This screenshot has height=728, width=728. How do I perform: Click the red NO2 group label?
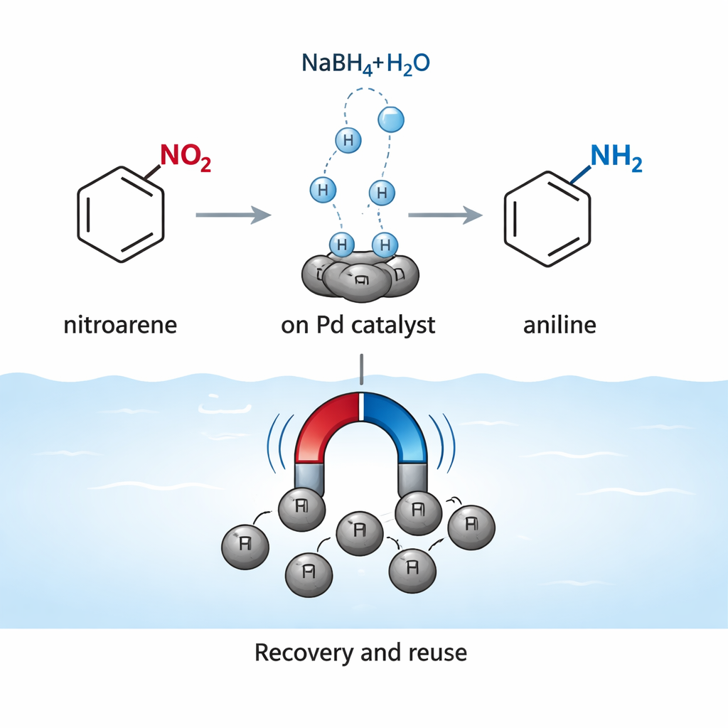click(x=186, y=157)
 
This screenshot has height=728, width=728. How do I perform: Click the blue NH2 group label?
click(x=616, y=157)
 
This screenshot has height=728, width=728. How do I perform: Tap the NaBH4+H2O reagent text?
click(x=365, y=63)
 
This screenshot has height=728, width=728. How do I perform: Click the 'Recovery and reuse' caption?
click(x=360, y=652)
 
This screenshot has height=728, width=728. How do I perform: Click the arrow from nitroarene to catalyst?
click(x=233, y=213)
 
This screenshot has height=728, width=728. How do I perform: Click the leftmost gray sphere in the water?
click(x=246, y=545)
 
